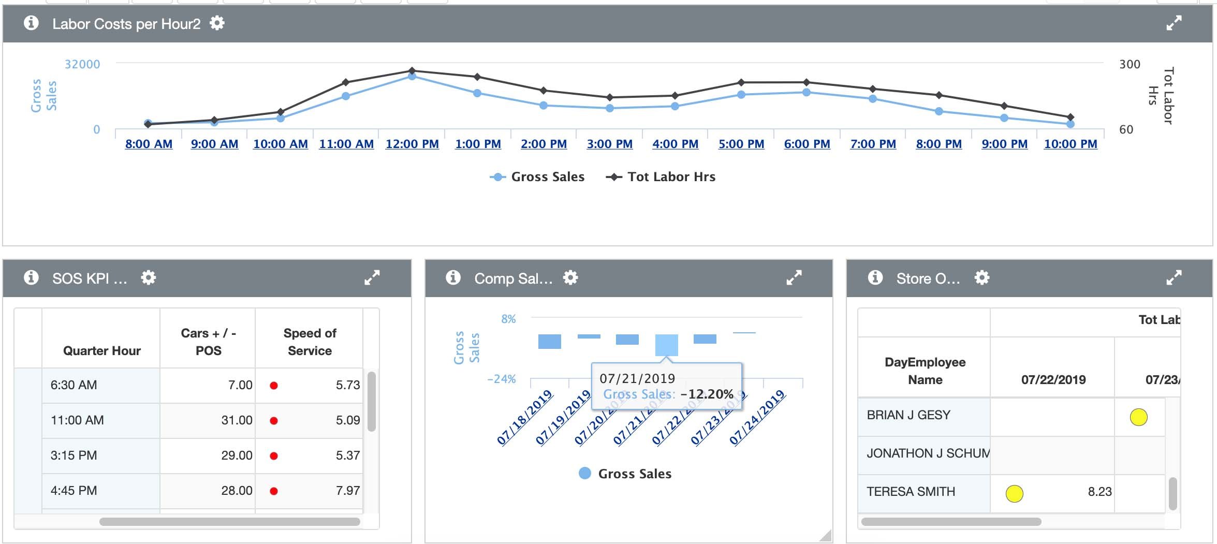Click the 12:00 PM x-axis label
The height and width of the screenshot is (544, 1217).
412,144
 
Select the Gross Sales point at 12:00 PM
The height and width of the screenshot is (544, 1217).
412,76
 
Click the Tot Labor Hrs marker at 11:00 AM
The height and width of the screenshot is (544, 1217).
346,82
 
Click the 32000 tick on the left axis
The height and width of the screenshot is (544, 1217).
82,64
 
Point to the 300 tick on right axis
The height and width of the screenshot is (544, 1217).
1130,64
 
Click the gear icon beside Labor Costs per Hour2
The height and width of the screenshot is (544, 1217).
217,23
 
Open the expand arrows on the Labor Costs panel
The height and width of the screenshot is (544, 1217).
1174,23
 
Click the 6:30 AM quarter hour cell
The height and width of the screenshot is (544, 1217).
74,385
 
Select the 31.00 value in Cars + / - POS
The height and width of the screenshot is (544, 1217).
237,420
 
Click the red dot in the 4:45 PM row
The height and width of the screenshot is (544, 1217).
274,491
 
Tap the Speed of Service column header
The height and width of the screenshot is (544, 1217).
310,342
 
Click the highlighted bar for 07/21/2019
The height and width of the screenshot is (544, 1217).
666,345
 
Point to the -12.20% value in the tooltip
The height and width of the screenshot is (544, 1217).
707,394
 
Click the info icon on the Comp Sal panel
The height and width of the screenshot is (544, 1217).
453,278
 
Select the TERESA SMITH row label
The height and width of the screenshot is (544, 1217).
911,492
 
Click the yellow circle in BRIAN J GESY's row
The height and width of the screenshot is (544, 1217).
1138,417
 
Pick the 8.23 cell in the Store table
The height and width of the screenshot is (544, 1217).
1099,492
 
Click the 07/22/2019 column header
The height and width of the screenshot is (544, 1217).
1053,380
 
